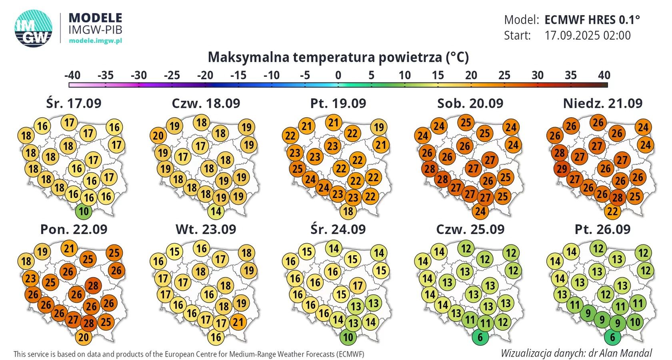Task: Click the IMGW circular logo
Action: point(34,28)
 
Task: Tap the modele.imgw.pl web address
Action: point(95,40)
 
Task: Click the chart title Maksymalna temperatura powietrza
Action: point(338,57)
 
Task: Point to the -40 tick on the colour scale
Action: point(72,75)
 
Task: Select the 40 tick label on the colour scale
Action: point(604,75)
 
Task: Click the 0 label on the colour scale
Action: point(338,75)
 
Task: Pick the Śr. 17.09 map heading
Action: point(74,103)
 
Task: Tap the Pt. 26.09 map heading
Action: point(602,229)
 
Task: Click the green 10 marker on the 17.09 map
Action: point(84,211)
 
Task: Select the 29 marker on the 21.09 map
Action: point(562,169)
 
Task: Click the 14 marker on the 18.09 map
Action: point(216,211)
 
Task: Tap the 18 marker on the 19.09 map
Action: point(348,211)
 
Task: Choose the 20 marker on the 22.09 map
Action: point(83,337)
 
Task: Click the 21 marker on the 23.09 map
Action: point(238,322)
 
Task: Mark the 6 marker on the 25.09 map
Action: point(480,337)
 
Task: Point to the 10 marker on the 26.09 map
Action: point(635,322)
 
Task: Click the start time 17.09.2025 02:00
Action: point(587,36)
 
